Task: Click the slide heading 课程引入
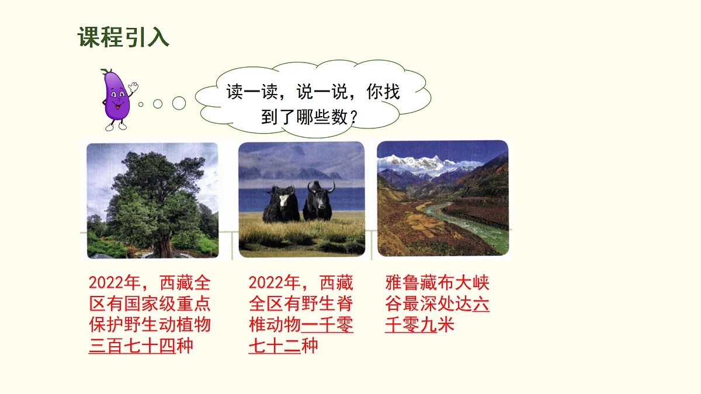[x=123, y=37]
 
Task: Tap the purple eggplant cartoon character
[x=116, y=97]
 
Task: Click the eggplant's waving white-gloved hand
[x=134, y=87]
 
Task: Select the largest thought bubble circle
[x=179, y=103]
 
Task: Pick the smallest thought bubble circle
[x=141, y=104]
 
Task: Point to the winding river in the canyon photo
[x=467, y=222]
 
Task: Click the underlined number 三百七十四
[x=132, y=346]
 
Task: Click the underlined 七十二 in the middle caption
[x=274, y=346]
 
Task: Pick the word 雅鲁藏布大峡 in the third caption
[x=438, y=284]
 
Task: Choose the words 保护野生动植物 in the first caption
[x=150, y=325]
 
